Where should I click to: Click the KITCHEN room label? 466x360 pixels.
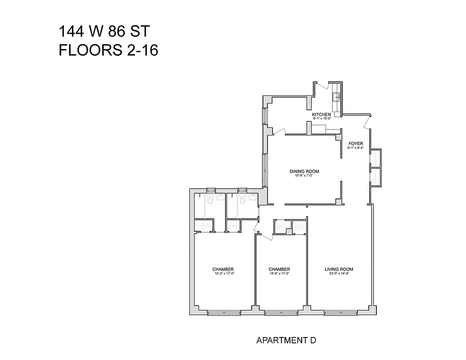tap(321, 115)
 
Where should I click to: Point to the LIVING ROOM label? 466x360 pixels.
tap(339, 270)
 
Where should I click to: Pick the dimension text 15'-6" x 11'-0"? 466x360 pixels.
tap(279, 274)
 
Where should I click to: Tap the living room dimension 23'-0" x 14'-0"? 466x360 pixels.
tap(339, 274)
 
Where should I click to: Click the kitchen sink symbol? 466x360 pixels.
tap(336, 96)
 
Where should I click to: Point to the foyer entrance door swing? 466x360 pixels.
tap(368, 121)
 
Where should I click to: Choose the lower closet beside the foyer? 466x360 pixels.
tap(375, 177)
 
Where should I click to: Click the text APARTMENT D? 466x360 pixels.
tap(286, 340)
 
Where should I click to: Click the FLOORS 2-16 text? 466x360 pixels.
tap(109, 50)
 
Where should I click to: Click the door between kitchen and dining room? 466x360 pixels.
tap(279, 131)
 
